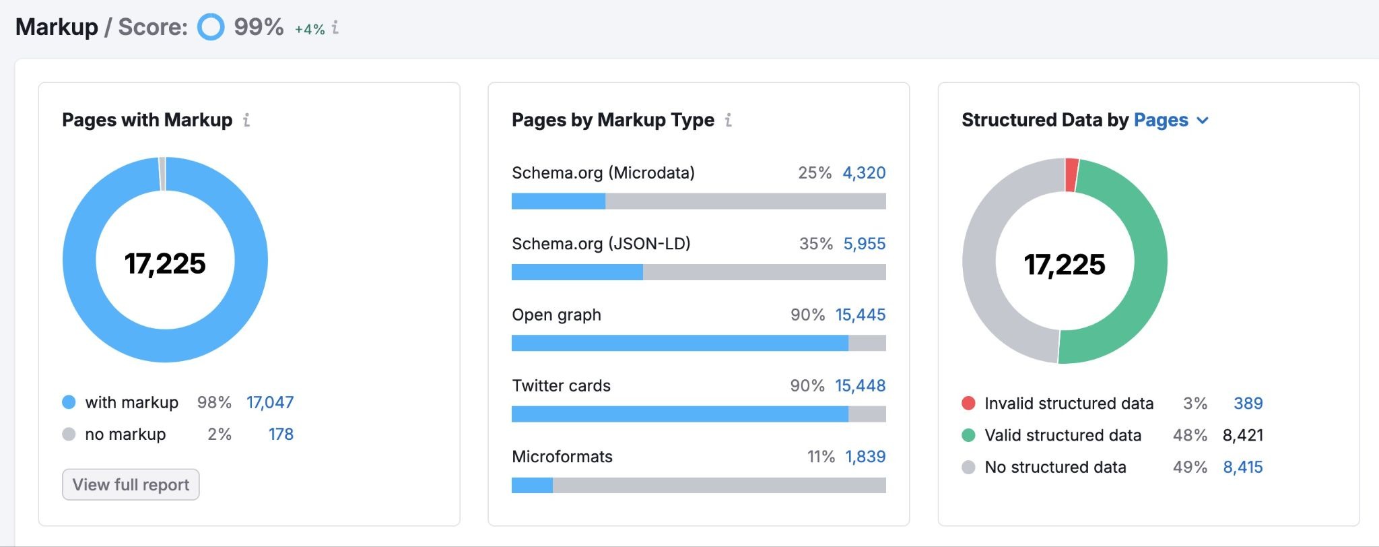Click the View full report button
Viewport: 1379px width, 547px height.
tap(131, 484)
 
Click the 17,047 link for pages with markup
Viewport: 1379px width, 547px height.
tap(270, 402)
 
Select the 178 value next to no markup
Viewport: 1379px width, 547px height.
tap(281, 434)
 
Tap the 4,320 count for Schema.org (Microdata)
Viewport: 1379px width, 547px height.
tap(864, 172)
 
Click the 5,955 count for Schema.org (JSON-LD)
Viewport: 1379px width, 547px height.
tap(865, 243)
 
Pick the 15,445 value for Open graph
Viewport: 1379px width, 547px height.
tap(861, 315)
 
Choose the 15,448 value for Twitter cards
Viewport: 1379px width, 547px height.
tap(861, 385)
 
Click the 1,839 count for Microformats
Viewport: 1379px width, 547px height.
tap(865, 456)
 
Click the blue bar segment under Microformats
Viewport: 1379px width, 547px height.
tap(532, 485)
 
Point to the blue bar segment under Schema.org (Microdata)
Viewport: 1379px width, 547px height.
tap(558, 201)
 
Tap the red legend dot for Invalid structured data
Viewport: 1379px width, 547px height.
tap(968, 403)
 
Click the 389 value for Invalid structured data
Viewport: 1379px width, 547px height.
tap(1248, 403)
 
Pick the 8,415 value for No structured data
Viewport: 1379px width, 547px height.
tap(1242, 467)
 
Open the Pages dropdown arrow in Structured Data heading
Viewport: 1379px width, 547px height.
tap(1203, 121)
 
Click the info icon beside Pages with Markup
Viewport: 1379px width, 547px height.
tap(246, 120)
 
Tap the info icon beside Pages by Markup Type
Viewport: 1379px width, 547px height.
tap(728, 120)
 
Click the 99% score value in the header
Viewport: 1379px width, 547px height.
tap(259, 27)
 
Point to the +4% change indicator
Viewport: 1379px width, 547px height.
tap(310, 29)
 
